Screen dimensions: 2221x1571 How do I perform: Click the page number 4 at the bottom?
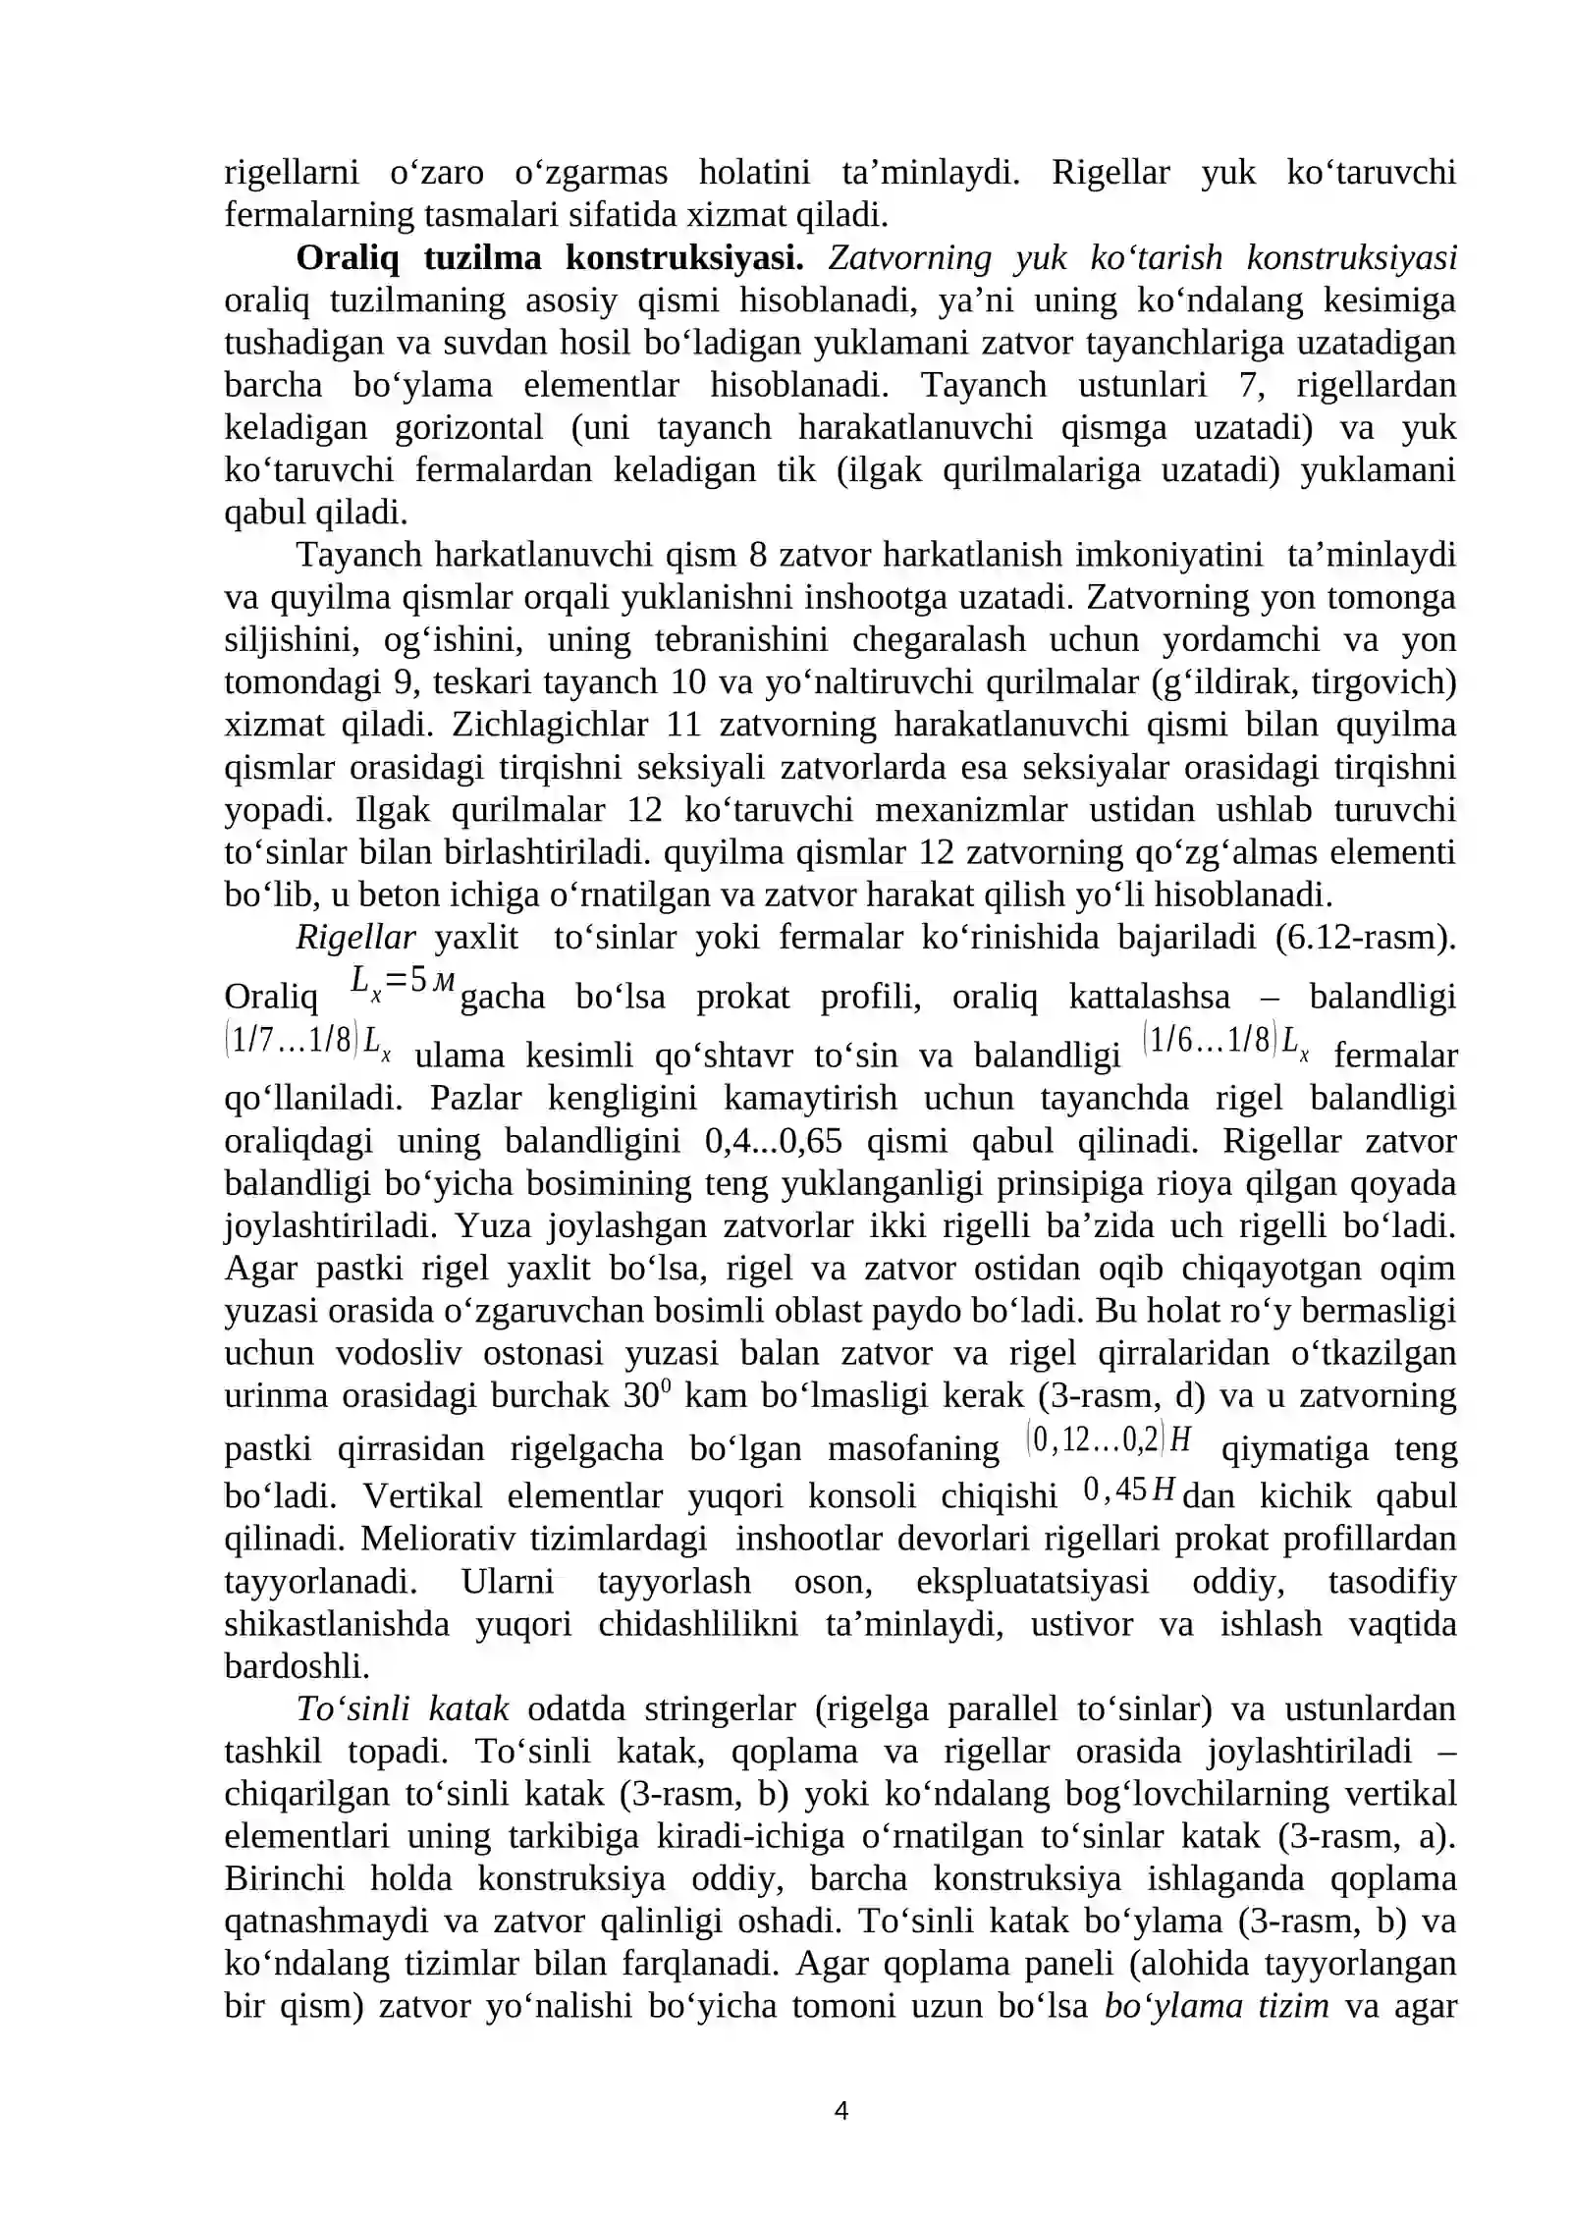point(840,2110)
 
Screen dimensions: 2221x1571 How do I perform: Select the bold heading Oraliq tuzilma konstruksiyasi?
point(550,258)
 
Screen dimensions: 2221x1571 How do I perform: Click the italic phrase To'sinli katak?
point(403,1708)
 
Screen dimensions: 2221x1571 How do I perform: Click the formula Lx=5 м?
point(403,981)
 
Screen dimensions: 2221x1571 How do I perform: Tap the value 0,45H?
point(1129,1490)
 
